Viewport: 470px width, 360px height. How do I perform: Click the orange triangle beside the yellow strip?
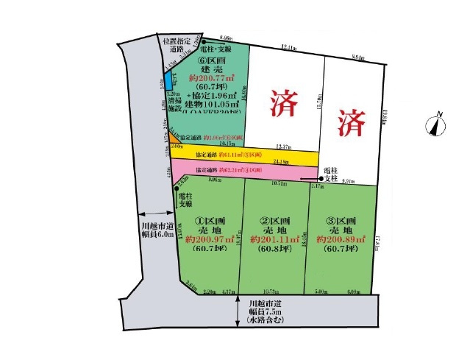pos(171,138)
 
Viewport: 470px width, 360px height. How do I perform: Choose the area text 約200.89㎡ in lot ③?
pos(340,239)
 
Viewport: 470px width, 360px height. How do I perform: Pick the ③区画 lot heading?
pos(340,220)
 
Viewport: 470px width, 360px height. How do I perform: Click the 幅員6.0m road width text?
pos(158,236)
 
